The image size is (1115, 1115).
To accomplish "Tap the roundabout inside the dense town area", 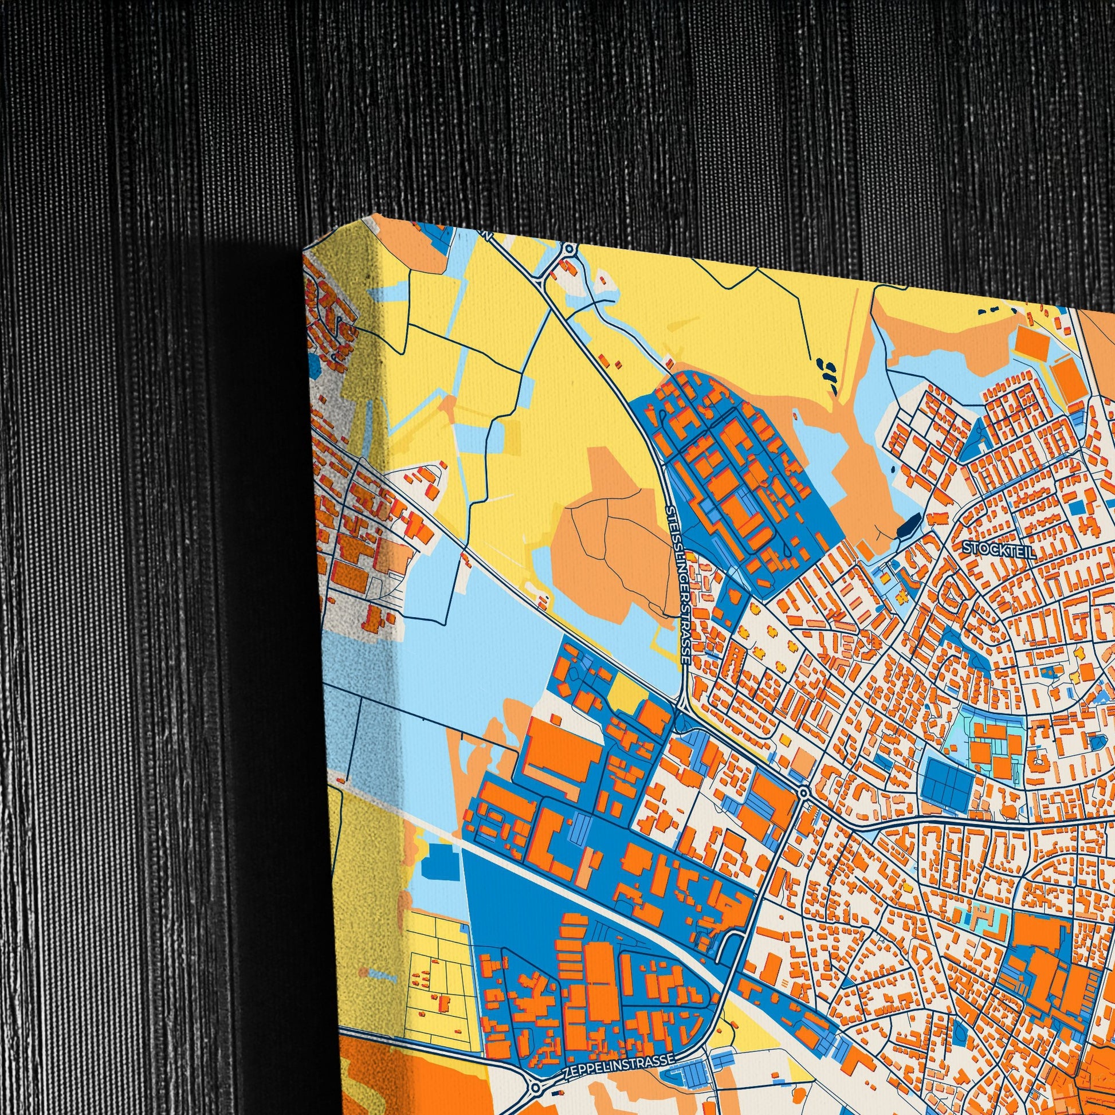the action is [803, 792].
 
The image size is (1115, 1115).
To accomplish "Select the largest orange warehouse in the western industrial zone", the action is [557, 751].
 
